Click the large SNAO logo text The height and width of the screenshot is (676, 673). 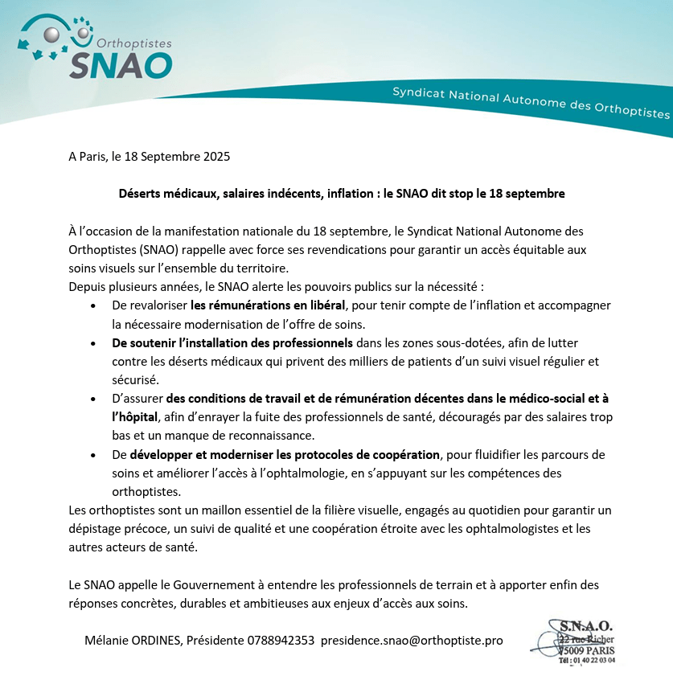(121, 64)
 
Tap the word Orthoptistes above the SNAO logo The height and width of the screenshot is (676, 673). (133, 42)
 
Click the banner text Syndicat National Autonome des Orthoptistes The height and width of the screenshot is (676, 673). (531, 103)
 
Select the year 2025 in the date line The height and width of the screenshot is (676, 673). (216, 156)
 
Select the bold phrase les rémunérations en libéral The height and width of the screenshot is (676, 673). (268, 305)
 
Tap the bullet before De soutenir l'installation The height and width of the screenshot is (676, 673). (95, 343)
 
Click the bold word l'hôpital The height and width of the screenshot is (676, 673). (136, 416)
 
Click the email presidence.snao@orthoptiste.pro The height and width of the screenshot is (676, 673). (412, 641)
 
